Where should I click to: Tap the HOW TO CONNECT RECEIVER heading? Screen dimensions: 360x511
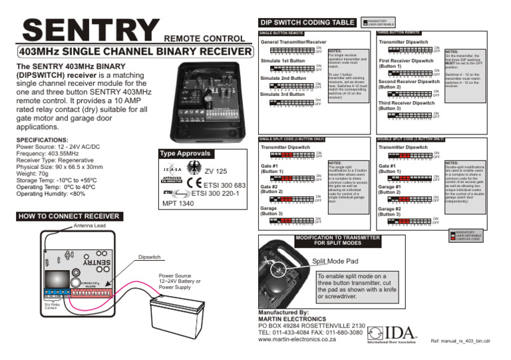pyautogui.click(x=65, y=217)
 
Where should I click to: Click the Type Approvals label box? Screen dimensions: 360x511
pyautogui.click(x=183, y=154)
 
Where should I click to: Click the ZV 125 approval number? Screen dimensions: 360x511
pyautogui.click(x=216, y=172)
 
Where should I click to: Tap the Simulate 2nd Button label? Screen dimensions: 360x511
pyautogui.click(x=284, y=79)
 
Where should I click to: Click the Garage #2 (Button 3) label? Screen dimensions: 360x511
pyautogui.click(x=393, y=212)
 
